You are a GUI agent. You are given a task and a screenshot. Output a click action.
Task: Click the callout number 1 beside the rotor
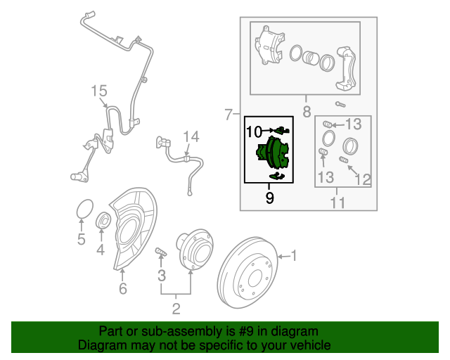(x=295, y=257)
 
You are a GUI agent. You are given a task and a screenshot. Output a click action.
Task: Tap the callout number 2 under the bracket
(x=176, y=307)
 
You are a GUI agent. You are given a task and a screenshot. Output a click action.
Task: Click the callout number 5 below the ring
(x=82, y=240)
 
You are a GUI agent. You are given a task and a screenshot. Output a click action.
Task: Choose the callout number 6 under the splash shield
(x=122, y=288)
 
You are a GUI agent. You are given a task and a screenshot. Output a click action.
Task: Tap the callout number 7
(x=228, y=114)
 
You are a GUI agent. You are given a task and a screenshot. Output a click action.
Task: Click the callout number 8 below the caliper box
(x=307, y=111)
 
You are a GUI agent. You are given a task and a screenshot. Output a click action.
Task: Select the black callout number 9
(x=269, y=198)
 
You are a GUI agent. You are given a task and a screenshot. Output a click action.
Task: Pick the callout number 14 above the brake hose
(x=191, y=136)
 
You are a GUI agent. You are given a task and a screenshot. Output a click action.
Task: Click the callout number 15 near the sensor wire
(x=98, y=91)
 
